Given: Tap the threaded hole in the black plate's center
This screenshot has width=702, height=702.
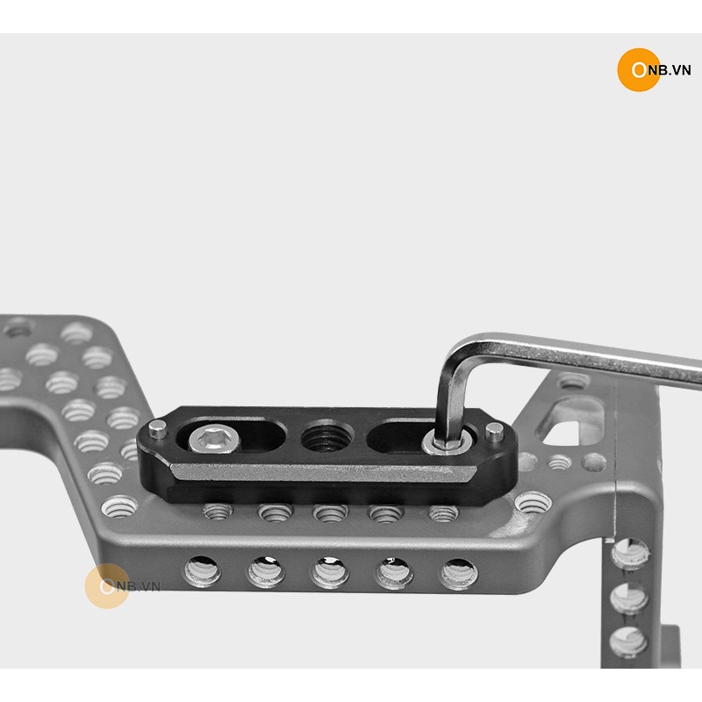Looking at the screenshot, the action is tap(327, 437).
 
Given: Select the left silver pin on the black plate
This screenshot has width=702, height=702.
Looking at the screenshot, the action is tap(157, 430).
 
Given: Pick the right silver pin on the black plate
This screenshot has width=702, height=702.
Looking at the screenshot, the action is tap(494, 432).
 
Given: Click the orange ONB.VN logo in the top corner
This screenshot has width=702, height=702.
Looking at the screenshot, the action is tap(654, 70).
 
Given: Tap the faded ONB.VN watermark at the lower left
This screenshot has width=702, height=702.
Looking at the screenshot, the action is tap(122, 585).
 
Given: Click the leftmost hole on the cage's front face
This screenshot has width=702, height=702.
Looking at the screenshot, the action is tap(203, 571).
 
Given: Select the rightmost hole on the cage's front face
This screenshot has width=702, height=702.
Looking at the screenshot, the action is tap(459, 574).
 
